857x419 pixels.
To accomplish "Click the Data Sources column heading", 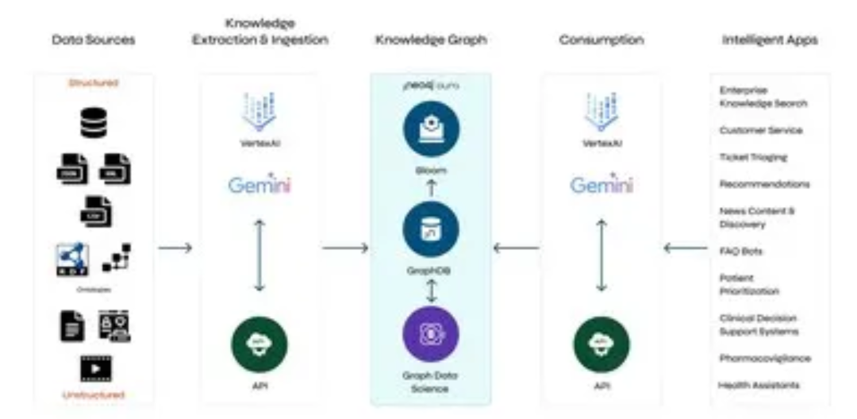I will coord(93,40).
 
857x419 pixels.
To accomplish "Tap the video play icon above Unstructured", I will coord(94,368).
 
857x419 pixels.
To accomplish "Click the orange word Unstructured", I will coord(94,394).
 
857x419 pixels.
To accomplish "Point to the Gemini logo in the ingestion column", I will coord(259,185).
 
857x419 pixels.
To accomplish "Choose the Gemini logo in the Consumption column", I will coord(601,185).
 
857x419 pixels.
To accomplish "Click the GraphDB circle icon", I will coord(430,229).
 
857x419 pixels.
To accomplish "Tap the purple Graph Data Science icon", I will coord(430,333).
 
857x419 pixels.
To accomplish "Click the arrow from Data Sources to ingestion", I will coord(175,248).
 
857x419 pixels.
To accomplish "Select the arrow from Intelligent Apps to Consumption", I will coord(685,248).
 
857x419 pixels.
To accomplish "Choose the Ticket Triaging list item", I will coord(753,157).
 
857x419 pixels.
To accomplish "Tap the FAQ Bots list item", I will coord(740,252).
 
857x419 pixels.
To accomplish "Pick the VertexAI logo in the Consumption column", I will coord(601,115).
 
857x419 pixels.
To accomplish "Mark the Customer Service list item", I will coord(760,130).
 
